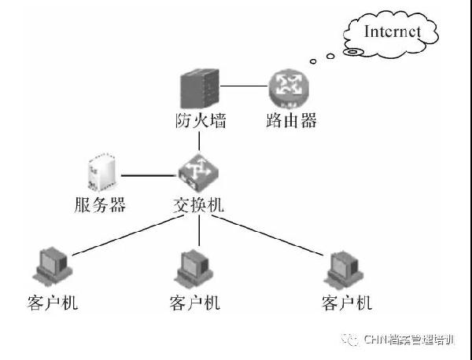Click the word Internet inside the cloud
click(393, 31)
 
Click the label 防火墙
click(199, 123)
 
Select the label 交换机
click(198, 205)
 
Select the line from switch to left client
click(126, 235)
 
